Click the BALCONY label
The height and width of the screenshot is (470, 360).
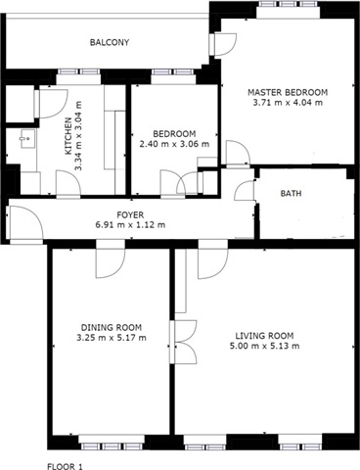pyautogui.click(x=110, y=42)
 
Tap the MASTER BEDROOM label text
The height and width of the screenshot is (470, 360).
pyautogui.click(x=288, y=92)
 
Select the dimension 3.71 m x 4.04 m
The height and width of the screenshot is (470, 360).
pyautogui.click(x=288, y=103)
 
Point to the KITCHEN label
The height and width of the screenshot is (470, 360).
pyautogui.click(x=68, y=136)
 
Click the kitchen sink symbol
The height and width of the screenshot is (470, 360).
pyautogui.click(x=27, y=139)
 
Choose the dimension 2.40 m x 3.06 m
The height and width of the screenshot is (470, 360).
pyautogui.click(x=174, y=144)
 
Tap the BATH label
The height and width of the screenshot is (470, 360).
pyautogui.click(x=291, y=194)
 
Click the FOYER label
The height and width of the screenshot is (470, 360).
pyautogui.click(x=130, y=214)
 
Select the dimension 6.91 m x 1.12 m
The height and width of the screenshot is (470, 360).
pyautogui.click(x=130, y=225)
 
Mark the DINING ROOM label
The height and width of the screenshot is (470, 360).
pyautogui.click(x=112, y=327)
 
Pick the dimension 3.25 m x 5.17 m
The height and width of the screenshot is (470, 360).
pyautogui.click(x=112, y=338)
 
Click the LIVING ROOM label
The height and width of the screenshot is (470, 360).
pyautogui.click(x=264, y=336)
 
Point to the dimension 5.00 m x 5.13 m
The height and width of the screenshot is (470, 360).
pyautogui.click(x=264, y=346)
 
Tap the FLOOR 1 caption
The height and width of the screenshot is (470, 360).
pyautogui.click(x=66, y=466)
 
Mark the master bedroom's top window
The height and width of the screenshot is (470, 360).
pyautogui.click(x=289, y=5)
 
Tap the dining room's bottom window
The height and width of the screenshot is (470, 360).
pyautogui.click(x=112, y=446)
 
